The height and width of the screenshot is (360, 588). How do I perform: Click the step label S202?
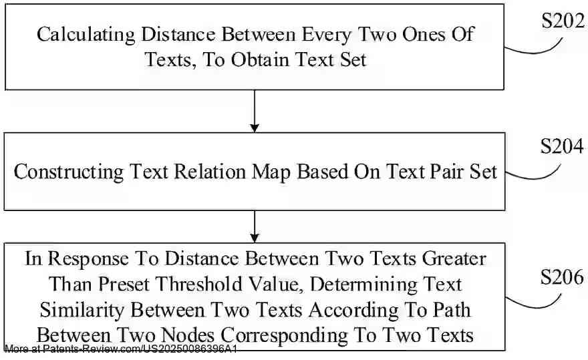pos(563,21)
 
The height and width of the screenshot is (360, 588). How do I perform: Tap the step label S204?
pos(562,146)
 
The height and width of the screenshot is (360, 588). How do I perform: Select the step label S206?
pos(562,277)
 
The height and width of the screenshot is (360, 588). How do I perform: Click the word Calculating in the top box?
pos(86,35)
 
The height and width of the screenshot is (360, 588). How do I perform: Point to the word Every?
pos(327,35)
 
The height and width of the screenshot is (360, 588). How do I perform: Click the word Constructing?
pos(69,172)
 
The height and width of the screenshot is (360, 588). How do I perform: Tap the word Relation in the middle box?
pos(210,172)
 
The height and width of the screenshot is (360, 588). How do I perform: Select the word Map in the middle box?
pos(271,172)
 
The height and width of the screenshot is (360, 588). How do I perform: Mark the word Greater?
pos(454,258)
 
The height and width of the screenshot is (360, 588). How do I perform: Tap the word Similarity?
pos(82,311)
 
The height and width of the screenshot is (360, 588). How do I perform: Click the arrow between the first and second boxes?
pos(255,111)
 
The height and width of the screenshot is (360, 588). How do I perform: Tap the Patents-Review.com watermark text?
pos(121,349)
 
